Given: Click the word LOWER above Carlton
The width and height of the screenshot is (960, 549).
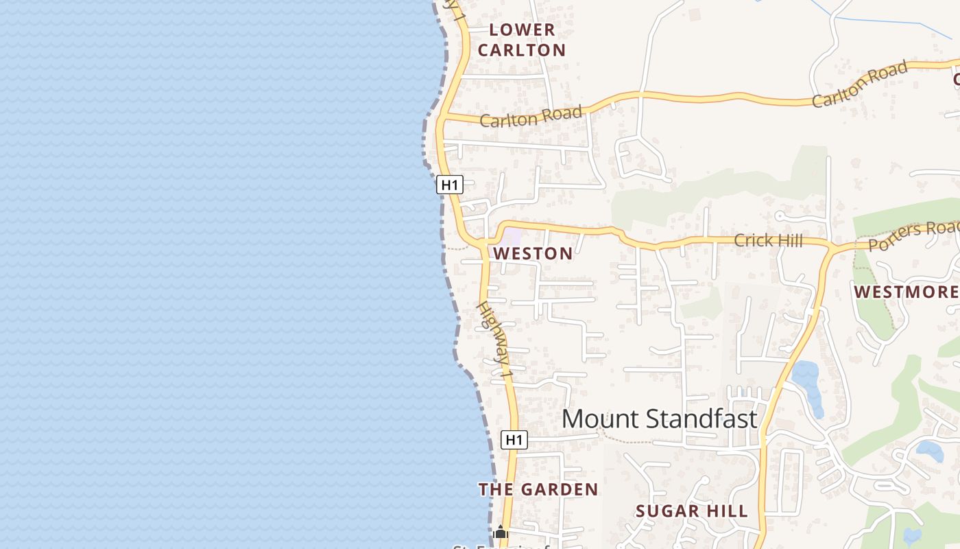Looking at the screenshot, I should (x=522, y=30).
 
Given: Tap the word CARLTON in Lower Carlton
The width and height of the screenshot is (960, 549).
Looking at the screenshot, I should (x=522, y=50).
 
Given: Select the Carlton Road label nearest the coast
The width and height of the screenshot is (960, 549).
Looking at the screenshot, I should (x=531, y=116).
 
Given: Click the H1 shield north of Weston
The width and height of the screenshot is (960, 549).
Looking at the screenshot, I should (x=450, y=185).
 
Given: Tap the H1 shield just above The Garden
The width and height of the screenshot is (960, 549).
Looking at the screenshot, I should (x=514, y=439).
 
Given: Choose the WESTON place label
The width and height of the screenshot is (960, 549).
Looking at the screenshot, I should (x=533, y=253).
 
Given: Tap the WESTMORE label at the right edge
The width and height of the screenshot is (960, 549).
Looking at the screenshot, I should (x=905, y=292).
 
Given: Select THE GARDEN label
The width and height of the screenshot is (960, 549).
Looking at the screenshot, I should (x=538, y=489).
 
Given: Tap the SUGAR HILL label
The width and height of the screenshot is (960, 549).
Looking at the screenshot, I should (x=691, y=511).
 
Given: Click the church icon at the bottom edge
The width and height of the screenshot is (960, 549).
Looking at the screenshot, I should (x=501, y=532).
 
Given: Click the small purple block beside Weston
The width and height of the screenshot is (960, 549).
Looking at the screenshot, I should (x=512, y=237).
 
